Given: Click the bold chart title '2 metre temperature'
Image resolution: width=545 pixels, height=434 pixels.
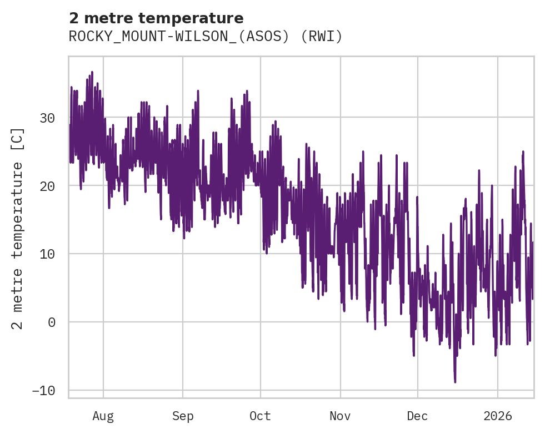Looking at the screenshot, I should tap(156, 18).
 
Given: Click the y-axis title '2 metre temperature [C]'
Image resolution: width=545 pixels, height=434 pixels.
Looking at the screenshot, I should tap(18, 228).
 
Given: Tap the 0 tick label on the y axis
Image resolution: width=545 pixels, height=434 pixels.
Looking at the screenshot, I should tap(52, 322).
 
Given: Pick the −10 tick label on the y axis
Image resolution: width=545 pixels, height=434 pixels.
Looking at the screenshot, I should tap(43, 391).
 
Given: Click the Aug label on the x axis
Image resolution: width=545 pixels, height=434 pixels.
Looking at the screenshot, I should tap(103, 416).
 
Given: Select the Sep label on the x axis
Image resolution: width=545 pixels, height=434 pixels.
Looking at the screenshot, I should tap(182, 416).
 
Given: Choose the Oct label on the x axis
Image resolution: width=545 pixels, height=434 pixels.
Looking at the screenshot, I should tap(260, 416).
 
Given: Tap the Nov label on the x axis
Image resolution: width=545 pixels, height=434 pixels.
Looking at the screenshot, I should tap(340, 416).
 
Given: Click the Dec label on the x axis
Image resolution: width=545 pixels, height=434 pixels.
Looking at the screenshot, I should tap(417, 416).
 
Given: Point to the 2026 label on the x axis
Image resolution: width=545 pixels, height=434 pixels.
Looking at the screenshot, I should tap(498, 416).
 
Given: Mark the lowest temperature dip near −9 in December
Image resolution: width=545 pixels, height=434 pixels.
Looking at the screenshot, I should tap(455, 381).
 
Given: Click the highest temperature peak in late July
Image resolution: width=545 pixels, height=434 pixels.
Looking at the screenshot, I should tap(92, 72).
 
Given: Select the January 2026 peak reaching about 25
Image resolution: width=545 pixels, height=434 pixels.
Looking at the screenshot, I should tap(523, 152).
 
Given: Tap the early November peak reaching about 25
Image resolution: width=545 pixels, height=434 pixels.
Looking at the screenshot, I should tap(363, 152).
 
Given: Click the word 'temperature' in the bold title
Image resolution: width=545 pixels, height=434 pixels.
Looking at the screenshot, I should tap(199, 18).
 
